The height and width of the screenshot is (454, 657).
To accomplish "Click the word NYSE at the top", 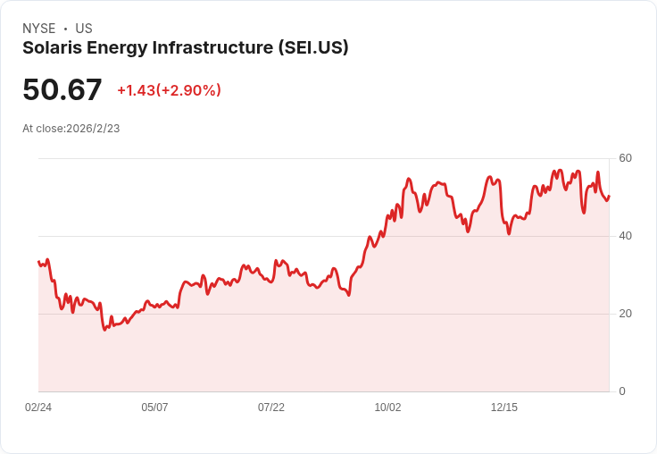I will point(39,29).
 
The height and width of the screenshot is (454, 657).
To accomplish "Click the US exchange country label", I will point(84,29).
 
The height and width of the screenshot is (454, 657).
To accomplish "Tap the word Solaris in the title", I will point(52,48).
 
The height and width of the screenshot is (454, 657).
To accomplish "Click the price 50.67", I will point(62,89).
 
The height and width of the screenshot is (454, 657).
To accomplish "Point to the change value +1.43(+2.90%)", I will point(169,90).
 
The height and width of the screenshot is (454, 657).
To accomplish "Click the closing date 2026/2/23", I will point(93,129).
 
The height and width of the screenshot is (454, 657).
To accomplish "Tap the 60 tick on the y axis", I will point(626,158).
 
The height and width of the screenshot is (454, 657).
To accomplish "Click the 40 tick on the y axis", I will point(626,236).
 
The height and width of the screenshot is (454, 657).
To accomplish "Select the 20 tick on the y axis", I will point(626,314).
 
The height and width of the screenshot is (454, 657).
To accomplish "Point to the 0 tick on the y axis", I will point(622,391).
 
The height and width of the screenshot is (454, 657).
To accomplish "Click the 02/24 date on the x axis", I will point(38,408).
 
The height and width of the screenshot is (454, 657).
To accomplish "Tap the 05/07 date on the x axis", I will point(154,408).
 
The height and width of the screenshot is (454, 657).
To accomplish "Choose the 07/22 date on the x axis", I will point(271,408).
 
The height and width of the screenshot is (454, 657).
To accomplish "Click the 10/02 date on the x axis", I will point(387,408).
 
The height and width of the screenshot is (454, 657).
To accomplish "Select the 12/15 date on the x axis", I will point(504,408).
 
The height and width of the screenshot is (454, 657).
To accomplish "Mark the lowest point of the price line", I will point(104,330).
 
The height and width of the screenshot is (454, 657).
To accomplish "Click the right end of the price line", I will point(609,197).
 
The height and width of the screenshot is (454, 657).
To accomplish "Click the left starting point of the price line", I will point(38,262).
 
